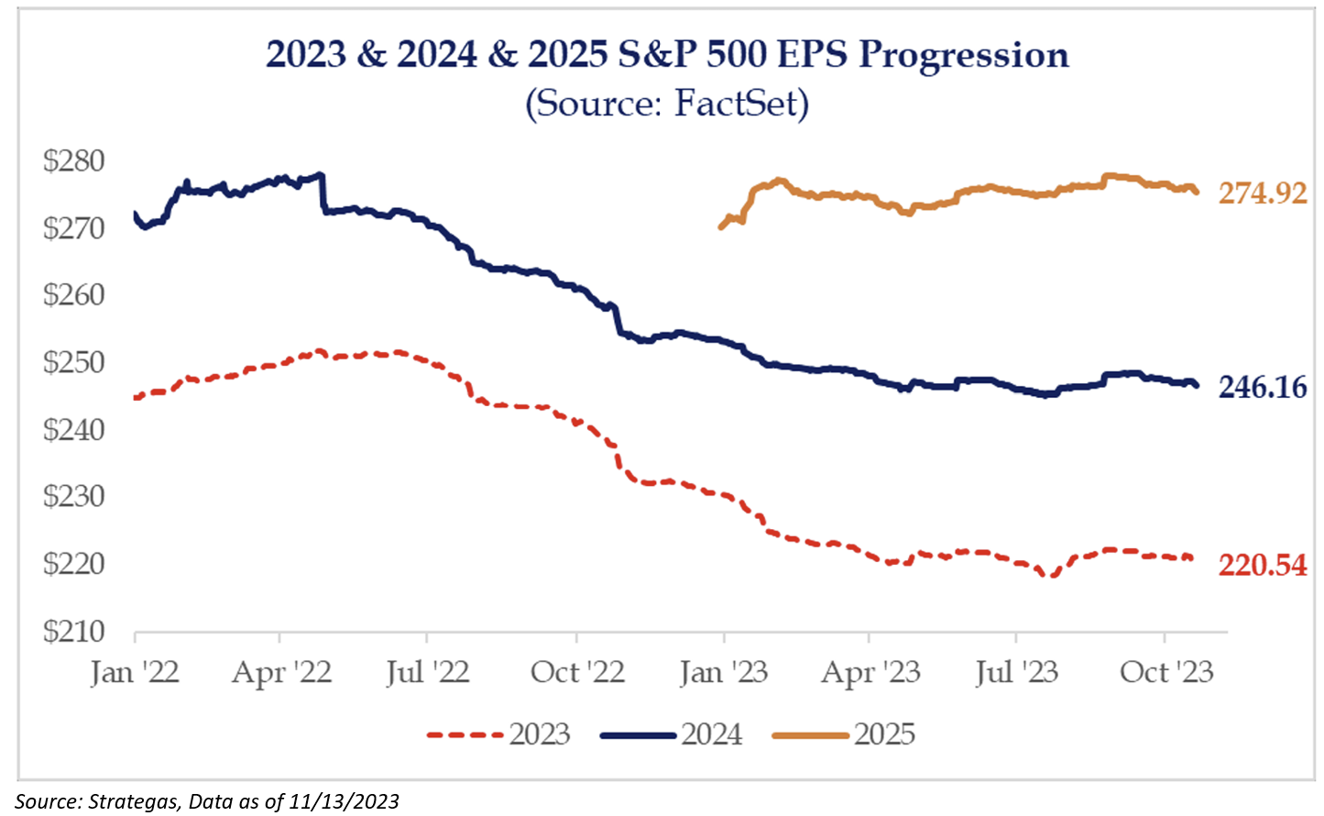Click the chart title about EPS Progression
point(667,55)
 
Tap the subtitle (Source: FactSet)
point(667,103)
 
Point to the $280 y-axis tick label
point(74,161)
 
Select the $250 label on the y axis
point(74,362)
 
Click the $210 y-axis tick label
point(74,631)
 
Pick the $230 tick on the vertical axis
point(74,496)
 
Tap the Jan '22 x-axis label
point(135,673)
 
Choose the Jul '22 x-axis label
point(427,673)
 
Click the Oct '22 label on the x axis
point(577,673)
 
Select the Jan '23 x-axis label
point(724,673)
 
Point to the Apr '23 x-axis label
point(870,673)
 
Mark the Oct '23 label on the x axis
point(1166,673)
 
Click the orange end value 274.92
point(1263,193)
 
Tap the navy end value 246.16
point(1263,387)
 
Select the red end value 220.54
point(1263,565)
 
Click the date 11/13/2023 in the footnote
point(344,801)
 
